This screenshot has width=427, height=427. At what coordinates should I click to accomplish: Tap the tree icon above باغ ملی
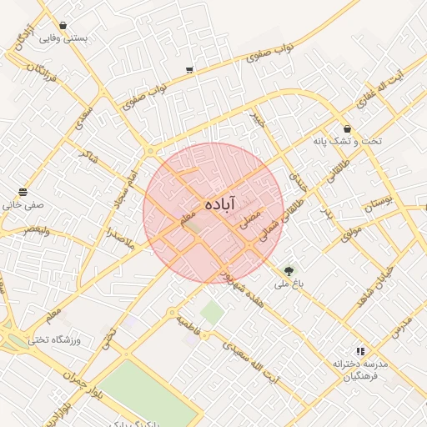point(289,270)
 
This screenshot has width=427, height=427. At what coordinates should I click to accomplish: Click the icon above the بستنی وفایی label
point(63,25)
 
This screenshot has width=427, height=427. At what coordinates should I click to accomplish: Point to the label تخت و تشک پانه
point(347,141)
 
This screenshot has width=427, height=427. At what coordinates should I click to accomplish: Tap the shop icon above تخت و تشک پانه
point(348,128)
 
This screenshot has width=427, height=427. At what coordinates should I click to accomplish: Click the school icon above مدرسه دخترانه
point(360,352)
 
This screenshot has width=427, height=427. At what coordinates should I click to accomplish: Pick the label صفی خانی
point(23,202)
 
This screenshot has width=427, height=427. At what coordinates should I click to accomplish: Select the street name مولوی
point(351,229)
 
